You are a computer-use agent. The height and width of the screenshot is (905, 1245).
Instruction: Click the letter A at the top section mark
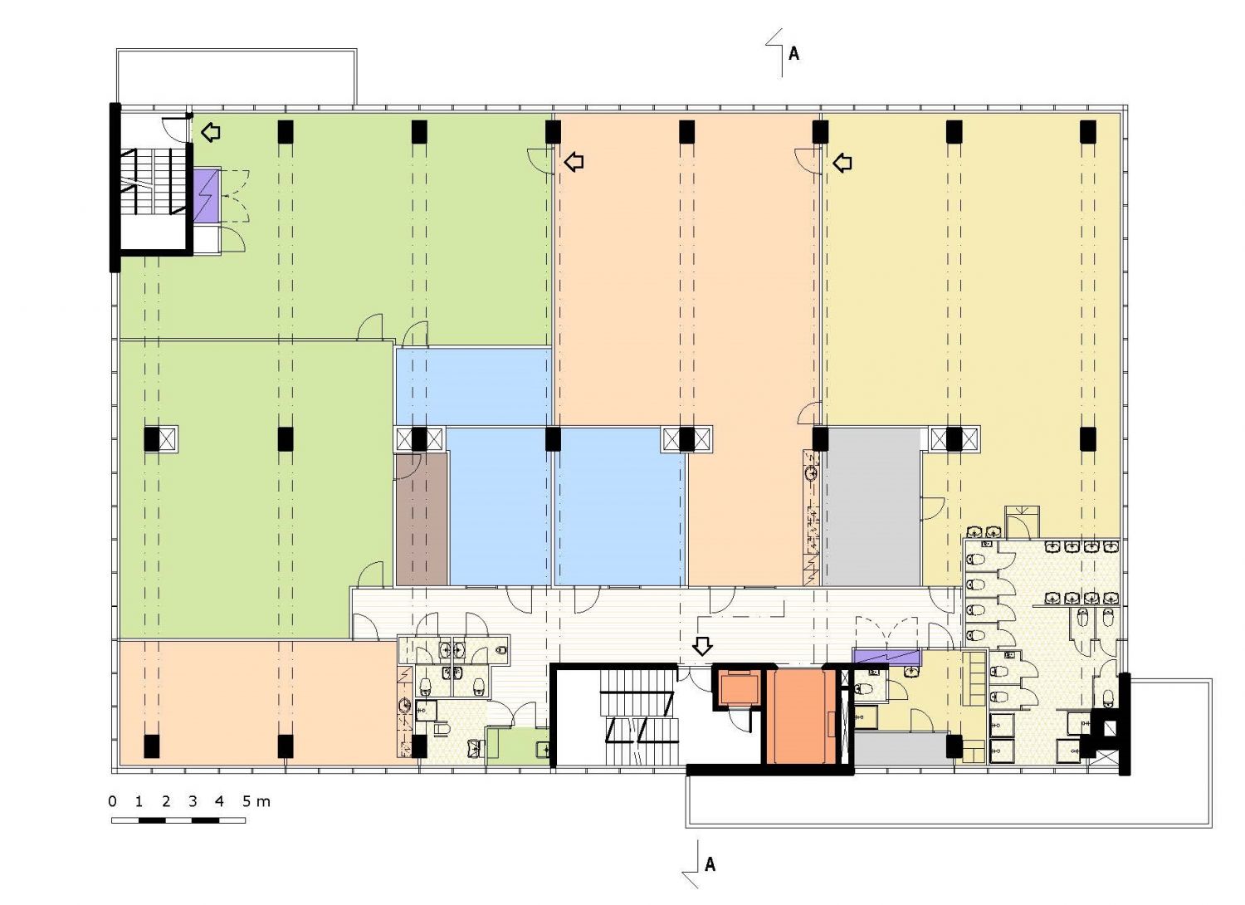point(793,53)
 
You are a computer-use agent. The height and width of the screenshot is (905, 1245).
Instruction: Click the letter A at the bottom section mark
point(710,864)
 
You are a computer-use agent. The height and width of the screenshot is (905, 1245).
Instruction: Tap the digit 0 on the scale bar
point(113,801)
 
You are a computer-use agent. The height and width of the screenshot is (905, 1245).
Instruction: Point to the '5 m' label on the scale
point(256,801)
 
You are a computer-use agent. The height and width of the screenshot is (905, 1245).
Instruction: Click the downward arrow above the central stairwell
point(702,646)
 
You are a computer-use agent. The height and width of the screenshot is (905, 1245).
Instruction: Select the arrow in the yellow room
point(842,163)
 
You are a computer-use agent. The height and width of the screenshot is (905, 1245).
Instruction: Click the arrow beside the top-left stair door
point(211,132)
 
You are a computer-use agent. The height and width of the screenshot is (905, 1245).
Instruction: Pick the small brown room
point(422,519)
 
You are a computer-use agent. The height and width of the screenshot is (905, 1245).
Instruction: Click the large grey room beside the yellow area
point(871,506)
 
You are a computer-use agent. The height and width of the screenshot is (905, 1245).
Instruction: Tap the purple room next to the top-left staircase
point(206,196)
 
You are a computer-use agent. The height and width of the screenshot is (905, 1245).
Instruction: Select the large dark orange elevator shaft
point(801,716)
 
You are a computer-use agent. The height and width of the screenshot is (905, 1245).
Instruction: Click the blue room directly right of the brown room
point(500,506)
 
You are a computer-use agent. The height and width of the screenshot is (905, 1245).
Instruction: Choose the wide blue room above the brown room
point(474,387)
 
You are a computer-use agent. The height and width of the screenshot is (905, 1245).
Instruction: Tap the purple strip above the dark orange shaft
point(887,656)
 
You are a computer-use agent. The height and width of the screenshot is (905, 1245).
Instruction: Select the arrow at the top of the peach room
point(574,163)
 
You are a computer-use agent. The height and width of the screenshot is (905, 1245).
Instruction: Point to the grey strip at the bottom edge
point(901,748)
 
